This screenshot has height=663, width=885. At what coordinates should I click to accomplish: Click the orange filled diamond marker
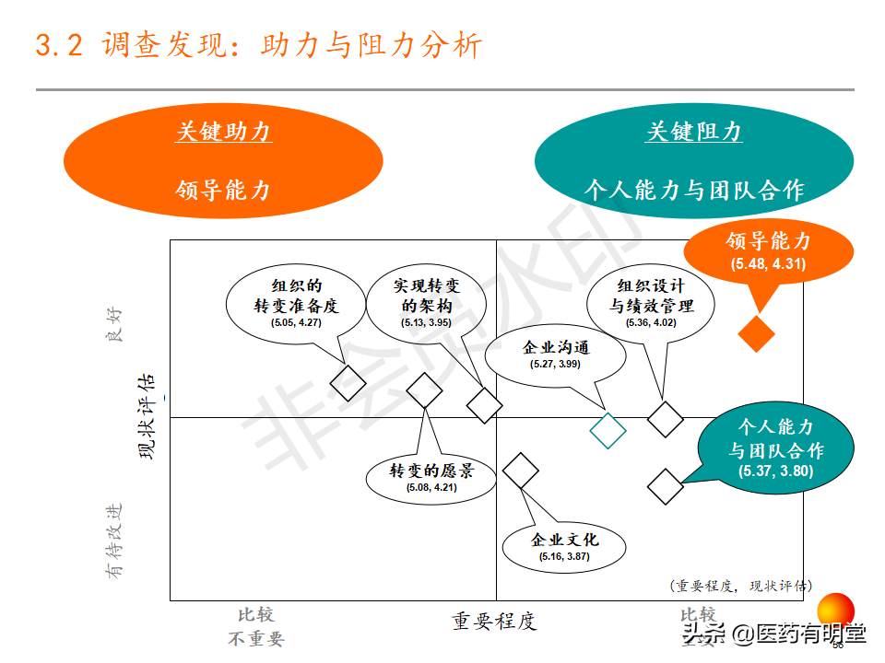(757, 333)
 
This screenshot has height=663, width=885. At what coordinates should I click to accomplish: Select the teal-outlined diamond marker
(608, 429)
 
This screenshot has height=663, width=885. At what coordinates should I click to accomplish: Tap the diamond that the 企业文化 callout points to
(521, 471)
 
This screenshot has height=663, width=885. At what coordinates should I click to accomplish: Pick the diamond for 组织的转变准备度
(348, 381)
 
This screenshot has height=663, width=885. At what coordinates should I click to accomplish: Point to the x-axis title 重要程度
(493, 622)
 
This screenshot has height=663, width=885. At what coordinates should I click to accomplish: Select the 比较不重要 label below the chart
(256, 627)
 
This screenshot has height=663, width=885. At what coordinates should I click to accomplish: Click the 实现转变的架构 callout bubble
(426, 302)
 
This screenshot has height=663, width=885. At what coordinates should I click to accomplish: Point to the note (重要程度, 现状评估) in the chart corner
(741, 586)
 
